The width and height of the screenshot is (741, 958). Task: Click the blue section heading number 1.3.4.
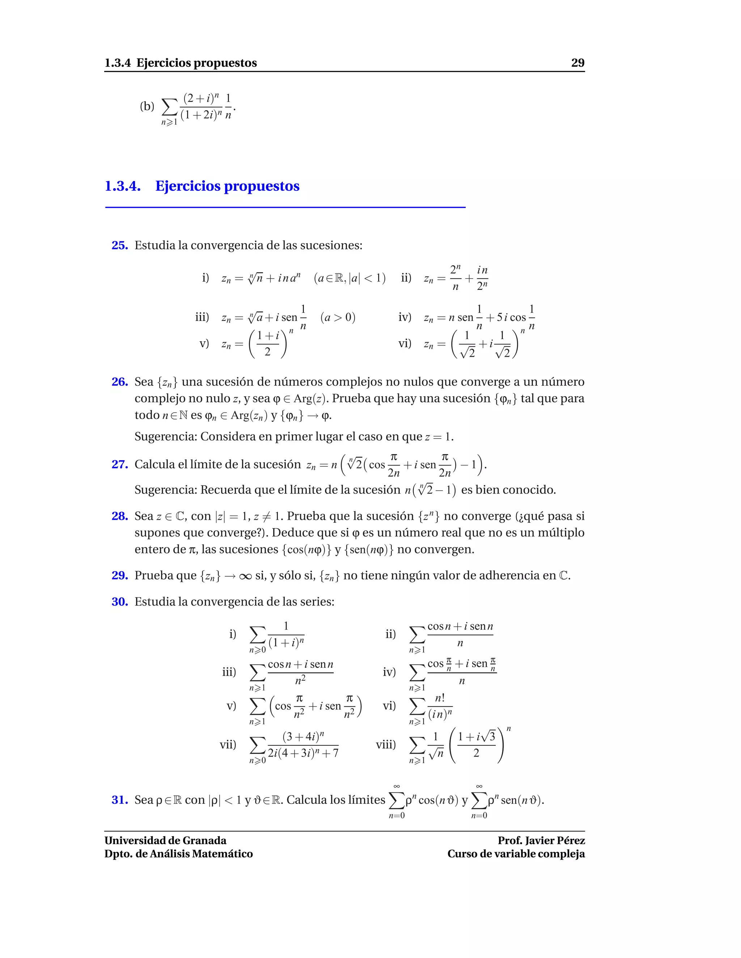(x=123, y=186)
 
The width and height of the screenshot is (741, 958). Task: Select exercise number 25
(x=119, y=245)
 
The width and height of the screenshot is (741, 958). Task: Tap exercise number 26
(x=119, y=382)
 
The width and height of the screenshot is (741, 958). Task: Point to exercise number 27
(x=119, y=464)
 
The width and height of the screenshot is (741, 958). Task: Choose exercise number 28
(x=119, y=516)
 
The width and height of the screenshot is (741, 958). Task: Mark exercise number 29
(x=119, y=575)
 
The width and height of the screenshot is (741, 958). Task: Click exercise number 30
(x=119, y=602)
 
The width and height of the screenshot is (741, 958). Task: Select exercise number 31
(x=119, y=800)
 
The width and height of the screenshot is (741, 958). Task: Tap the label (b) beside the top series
(x=147, y=106)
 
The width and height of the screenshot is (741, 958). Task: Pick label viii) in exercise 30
(x=386, y=744)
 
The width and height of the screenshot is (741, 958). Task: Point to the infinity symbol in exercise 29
(x=245, y=576)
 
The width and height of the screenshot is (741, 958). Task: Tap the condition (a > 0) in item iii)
(x=338, y=317)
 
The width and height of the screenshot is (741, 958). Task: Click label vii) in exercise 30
(x=228, y=744)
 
